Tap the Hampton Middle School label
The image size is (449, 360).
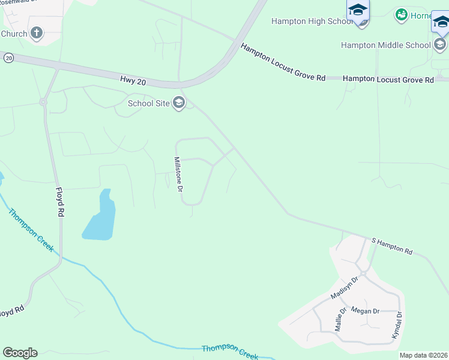[x=385, y=45]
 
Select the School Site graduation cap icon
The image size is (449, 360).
[x=178, y=103]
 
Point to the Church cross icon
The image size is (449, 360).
[x=37, y=33]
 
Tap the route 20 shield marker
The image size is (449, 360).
[x=8, y=58]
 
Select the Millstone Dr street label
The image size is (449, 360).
[x=178, y=174]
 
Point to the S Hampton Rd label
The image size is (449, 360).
[x=392, y=245]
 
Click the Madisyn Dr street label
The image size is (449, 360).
[x=344, y=289]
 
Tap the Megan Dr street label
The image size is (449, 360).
[x=365, y=311]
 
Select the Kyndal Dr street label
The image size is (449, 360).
[x=397, y=326]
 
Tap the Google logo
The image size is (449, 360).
[x=20, y=353]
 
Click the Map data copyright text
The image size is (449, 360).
[x=423, y=355]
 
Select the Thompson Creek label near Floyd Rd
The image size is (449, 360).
[x=31, y=230]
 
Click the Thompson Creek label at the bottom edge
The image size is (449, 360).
[x=230, y=352]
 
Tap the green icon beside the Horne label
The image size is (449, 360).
[x=401, y=14]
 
